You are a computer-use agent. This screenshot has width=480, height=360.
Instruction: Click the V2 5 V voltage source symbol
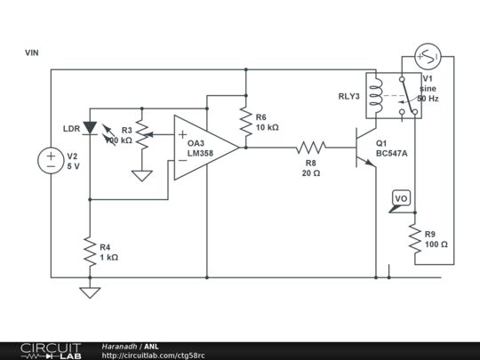click(50, 161)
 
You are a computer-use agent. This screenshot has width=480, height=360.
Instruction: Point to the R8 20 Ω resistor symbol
click(312, 147)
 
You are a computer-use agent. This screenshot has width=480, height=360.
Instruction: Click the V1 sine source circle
click(428, 57)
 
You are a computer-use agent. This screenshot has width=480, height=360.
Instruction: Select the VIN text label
click(32, 53)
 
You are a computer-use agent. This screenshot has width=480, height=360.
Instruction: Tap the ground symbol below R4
click(89, 291)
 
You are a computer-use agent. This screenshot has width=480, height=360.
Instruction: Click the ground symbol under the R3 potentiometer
click(140, 175)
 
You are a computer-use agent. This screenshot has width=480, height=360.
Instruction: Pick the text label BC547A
click(391, 153)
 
